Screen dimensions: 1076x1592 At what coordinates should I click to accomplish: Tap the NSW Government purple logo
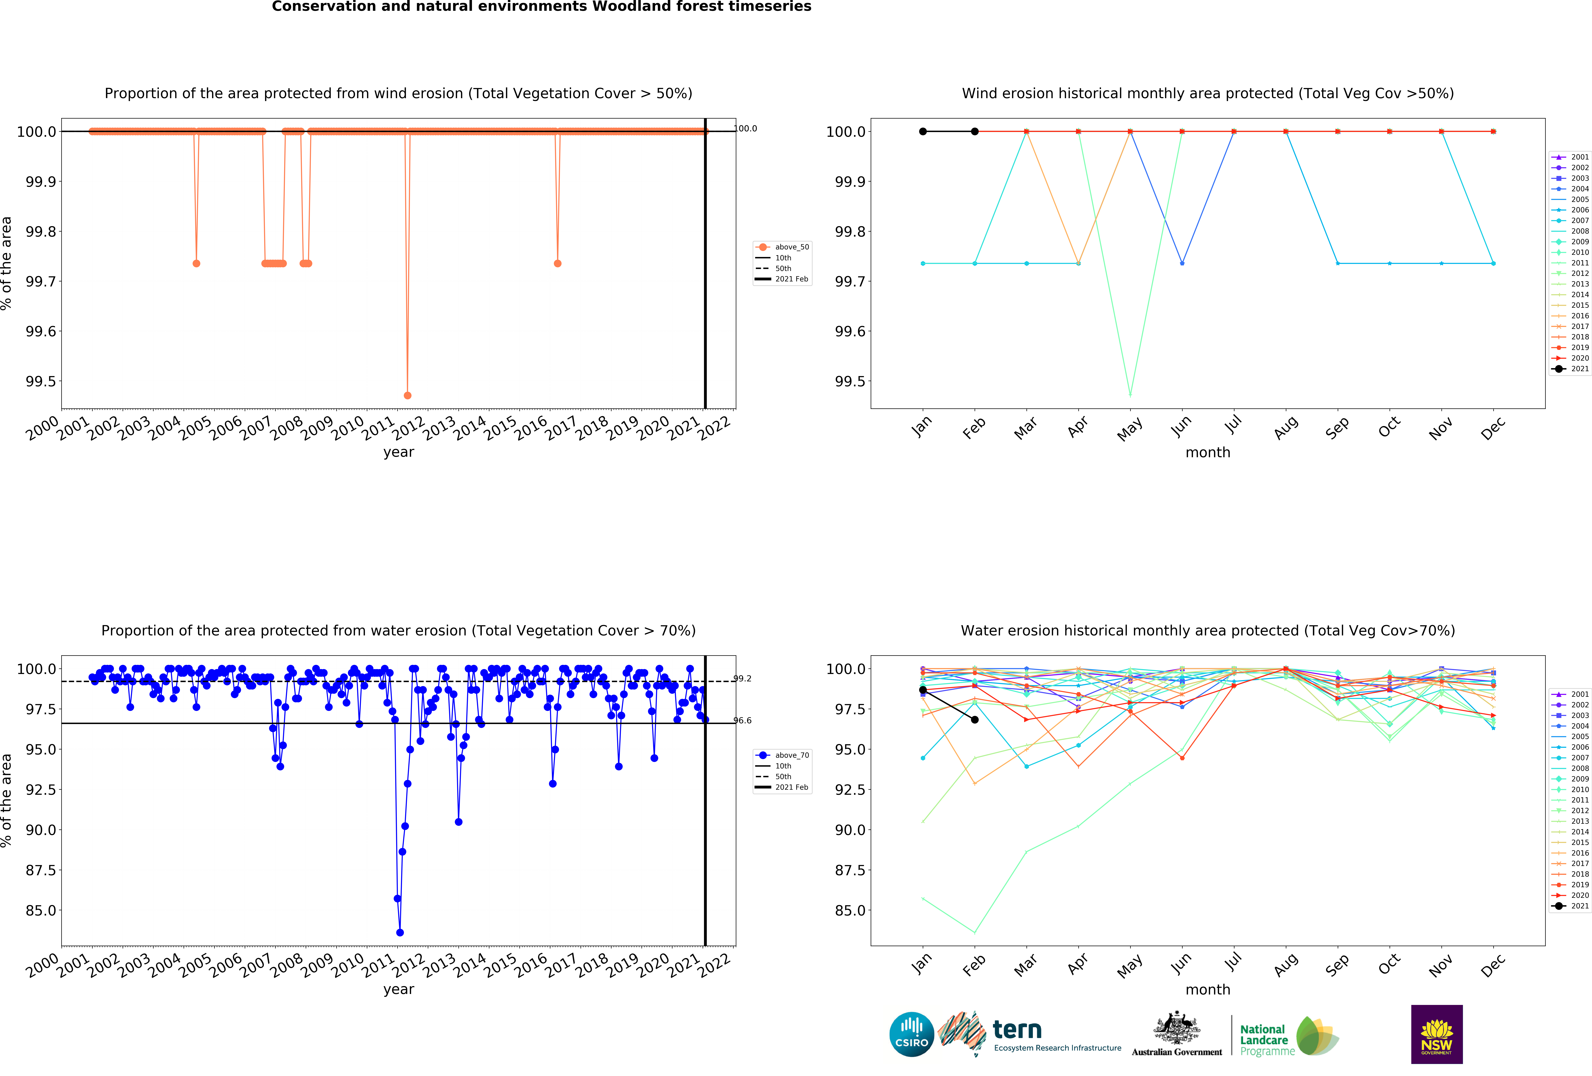(1437, 1034)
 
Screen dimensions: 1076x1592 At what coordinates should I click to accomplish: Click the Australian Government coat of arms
(1176, 1027)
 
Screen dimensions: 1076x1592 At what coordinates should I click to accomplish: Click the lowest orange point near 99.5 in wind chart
(408, 395)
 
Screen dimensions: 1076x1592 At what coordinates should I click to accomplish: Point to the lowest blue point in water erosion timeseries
(400, 932)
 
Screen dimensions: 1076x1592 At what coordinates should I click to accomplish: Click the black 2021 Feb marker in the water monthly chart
(975, 720)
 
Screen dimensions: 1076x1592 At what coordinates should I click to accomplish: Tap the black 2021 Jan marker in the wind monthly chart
(923, 132)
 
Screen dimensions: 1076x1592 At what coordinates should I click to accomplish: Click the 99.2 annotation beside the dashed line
(743, 679)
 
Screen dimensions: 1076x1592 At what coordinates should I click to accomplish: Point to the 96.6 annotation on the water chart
(743, 720)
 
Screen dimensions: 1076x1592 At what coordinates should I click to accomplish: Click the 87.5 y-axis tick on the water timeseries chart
(40, 870)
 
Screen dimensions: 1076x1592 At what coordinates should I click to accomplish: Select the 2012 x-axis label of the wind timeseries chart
(409, 429)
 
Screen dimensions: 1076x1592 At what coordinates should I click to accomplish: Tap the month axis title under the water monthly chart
(1208, 990)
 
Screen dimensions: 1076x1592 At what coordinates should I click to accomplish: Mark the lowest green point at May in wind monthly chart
(1130, 395)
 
